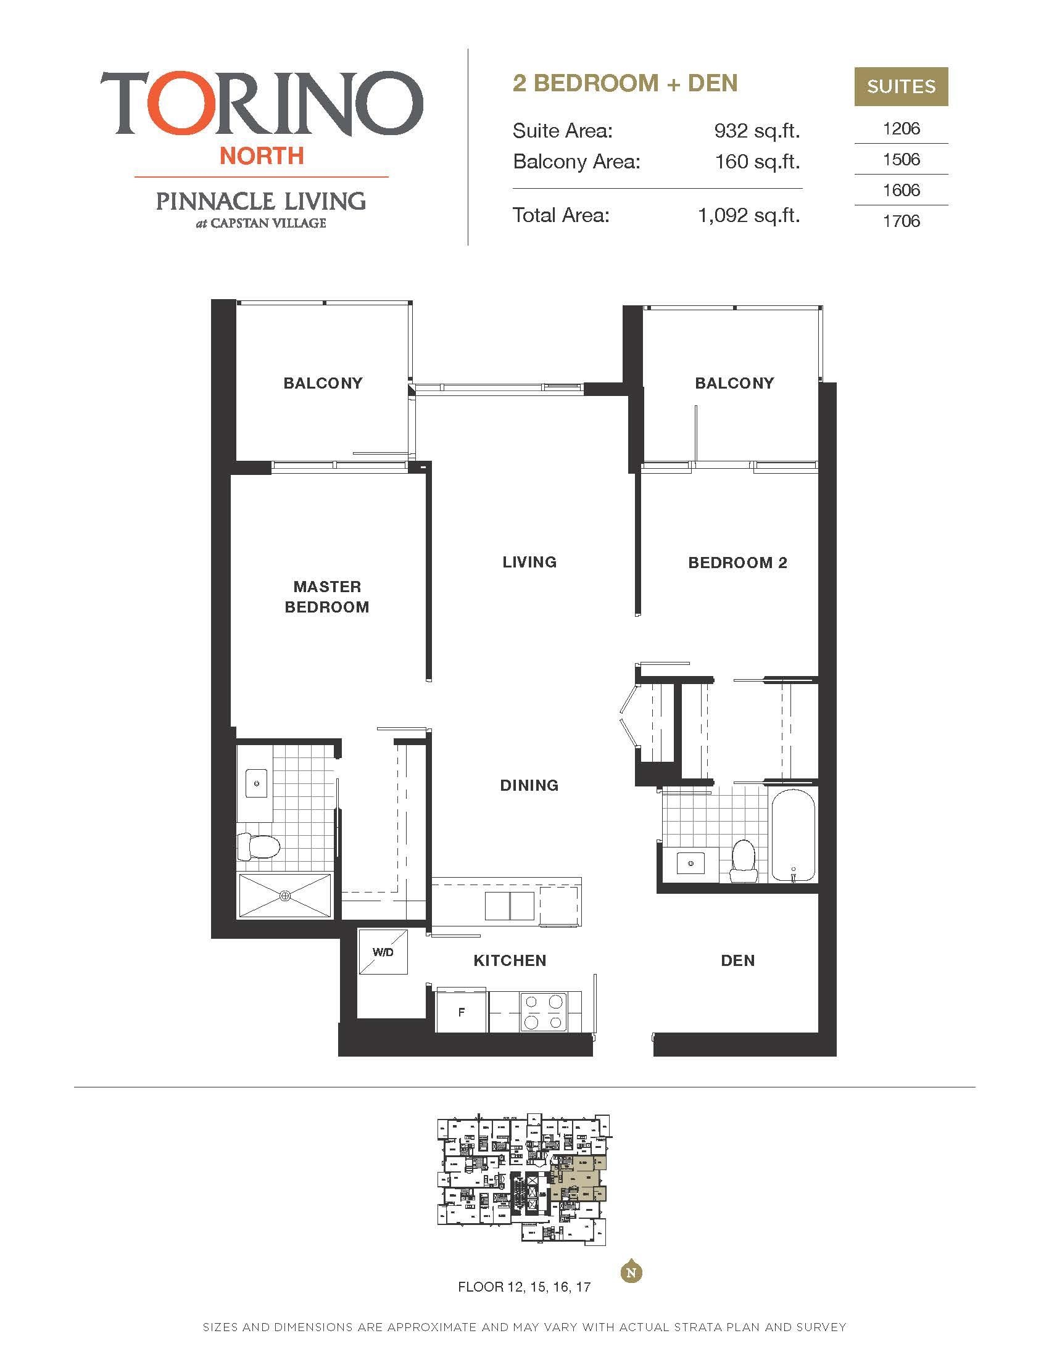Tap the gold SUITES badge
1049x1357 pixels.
click(900, 86)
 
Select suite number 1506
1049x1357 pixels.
click(900, 160)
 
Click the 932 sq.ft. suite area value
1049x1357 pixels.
click(757, 131)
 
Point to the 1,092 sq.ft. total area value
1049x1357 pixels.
click(749, 216)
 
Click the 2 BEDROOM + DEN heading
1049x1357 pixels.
click(624, 83)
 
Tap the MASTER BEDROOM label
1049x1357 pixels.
click(327, 596)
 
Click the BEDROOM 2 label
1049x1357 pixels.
click(737, 563)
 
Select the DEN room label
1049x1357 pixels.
click(737, 960)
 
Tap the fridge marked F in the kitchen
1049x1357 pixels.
click(461, 1012)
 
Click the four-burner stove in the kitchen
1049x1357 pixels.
click(544, 1012)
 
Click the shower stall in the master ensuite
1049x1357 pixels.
click(285, 896)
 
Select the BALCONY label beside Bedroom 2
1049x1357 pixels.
click(734, 384)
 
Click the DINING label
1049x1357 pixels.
click(529, 785)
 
